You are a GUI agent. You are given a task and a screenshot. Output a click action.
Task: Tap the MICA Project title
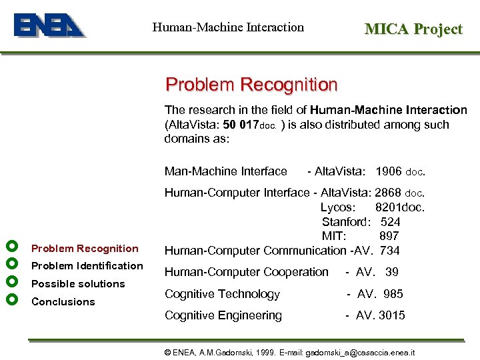[413, 29]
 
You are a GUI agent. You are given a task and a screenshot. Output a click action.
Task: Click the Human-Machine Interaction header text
[228, 27]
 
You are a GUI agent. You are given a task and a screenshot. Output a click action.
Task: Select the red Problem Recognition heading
[251, 85]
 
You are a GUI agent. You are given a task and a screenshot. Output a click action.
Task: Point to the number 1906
[389, 171]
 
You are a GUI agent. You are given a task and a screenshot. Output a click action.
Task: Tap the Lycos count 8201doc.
[399, 207]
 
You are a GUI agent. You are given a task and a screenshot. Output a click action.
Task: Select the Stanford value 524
[390, 222]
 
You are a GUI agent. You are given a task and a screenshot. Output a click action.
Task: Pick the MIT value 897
[389, 236]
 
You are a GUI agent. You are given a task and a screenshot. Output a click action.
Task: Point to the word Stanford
[345, 222]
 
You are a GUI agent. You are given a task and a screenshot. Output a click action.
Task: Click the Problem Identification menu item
[87, 266]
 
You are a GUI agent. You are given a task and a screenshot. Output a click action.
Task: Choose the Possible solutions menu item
[78, 284]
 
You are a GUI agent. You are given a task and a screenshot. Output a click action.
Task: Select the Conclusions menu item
[63, 302]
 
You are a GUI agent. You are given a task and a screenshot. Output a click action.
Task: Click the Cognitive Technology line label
[222, 294]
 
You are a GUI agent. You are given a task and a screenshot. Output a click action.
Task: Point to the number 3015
[392, 315]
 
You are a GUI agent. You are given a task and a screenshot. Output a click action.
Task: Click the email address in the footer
[359, 351]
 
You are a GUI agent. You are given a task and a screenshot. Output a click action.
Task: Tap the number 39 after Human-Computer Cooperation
[392, 272]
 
